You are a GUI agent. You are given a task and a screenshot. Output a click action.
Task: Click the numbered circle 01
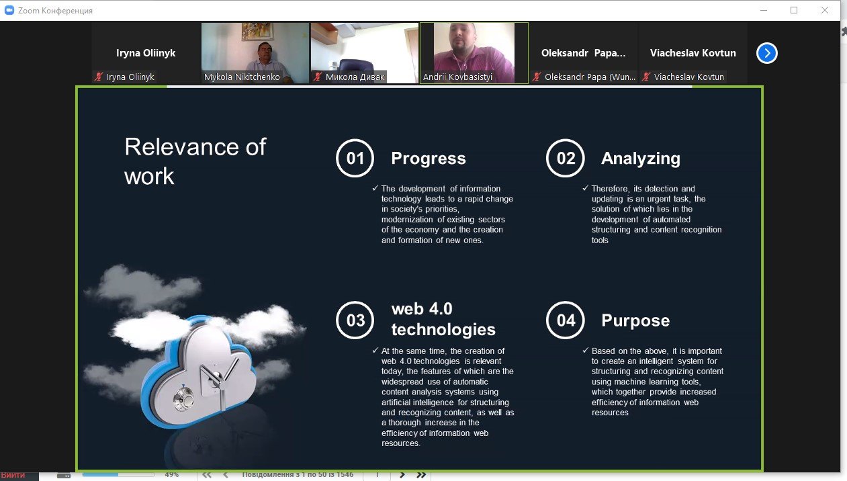point(355,158)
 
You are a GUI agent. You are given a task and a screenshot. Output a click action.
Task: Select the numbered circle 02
point(566,158)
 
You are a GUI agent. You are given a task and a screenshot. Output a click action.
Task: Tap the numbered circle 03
point(355,320)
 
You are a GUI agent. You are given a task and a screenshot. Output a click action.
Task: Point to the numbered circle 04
point(566,320)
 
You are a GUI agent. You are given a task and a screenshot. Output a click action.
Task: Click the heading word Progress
point(429,159)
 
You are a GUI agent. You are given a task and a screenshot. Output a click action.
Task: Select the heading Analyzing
point(641,159)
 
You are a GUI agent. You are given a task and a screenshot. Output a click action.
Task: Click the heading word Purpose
point(635,320)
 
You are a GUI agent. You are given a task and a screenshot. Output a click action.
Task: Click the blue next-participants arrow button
point(767,53)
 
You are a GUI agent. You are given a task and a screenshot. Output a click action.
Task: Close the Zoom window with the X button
point(825,10)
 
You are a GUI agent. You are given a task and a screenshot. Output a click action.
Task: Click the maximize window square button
point(794,10)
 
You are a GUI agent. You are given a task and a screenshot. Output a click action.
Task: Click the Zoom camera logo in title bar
point(9,10)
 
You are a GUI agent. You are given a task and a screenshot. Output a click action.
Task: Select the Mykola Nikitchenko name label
point(242,77)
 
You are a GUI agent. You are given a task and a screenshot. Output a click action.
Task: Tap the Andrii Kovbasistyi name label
point(457,77)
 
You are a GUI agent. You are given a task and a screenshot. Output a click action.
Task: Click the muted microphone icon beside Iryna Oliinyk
point(99,77)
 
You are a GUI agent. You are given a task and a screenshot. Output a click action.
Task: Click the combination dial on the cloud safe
point(184,398)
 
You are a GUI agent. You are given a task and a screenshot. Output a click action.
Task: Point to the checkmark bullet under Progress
point(375,188)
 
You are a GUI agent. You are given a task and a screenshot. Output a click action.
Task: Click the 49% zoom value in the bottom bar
point(172,474)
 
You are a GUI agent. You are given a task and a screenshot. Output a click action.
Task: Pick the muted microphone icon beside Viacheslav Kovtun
point(646,77)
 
